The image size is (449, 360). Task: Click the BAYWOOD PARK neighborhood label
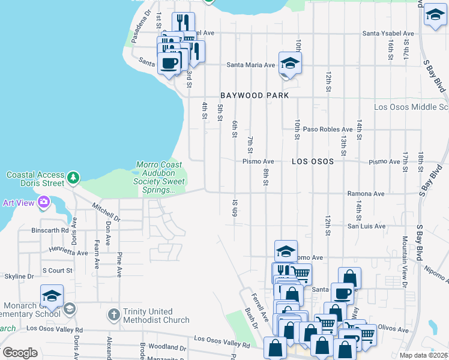255,95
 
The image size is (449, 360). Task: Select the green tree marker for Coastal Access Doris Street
73,178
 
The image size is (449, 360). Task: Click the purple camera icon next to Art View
43,202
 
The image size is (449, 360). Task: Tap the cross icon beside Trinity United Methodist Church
113,314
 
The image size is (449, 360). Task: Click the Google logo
20,353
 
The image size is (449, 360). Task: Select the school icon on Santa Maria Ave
290,64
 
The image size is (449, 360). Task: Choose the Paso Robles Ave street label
328,129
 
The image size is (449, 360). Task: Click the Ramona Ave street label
366,194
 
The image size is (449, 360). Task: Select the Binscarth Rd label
50,230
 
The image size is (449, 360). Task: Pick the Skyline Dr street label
17,277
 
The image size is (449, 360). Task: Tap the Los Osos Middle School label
411,107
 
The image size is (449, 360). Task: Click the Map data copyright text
423,355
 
